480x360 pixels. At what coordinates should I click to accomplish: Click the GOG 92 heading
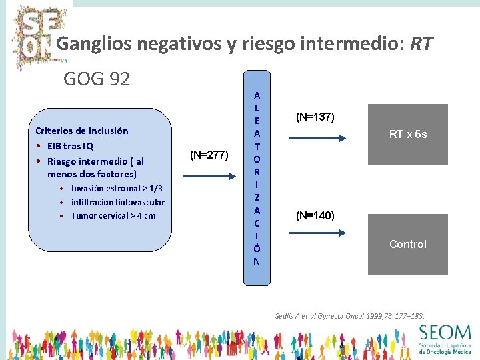point(97,79)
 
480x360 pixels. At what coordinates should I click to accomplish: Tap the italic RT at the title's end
point(421,45)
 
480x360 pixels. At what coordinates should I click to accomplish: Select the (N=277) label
point(209,155)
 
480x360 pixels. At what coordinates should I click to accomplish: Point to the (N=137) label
point(315,117)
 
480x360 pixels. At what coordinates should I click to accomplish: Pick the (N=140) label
point(315,215)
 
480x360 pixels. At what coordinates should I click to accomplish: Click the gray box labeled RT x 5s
point(407,135)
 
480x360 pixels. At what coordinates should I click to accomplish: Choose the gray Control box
point(407,244)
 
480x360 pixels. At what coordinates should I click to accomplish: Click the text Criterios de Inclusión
point(81,131)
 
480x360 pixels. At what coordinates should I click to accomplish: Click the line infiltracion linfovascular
point(117,202)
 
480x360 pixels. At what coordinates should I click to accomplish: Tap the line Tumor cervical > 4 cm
point(113,215)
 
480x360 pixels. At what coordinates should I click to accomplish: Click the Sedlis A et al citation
point(349,315)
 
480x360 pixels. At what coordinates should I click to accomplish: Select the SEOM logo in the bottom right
point(444,338)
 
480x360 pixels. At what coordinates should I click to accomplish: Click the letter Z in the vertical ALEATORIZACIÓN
point(257,197)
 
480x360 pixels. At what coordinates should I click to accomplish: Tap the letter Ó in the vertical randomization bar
point(257,248)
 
